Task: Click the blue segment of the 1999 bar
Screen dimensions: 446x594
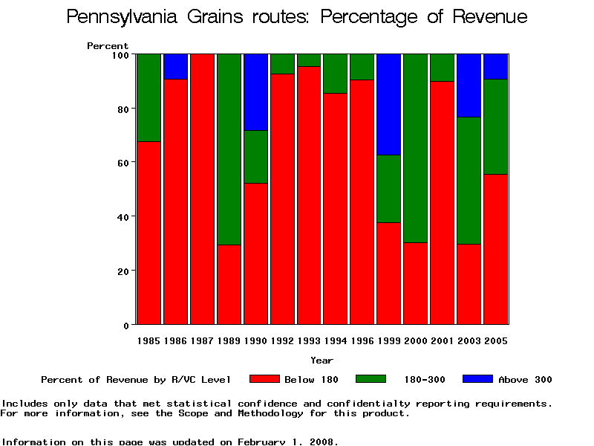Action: point(389,104)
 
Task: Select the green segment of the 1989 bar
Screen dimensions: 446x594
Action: point(229,149)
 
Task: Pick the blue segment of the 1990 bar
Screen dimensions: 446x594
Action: point(256,91)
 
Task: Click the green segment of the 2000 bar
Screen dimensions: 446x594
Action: point(416,148)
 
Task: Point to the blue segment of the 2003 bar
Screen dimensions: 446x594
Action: point(469,85)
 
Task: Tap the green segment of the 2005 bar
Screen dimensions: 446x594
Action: point(496,126)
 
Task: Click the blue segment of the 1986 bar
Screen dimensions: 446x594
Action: point(176,66)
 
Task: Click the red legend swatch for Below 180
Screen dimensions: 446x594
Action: point(264,379)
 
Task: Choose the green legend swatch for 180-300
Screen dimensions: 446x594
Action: point(371,379)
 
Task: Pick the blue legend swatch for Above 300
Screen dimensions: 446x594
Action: point(477,379)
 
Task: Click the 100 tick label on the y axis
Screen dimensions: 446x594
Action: point(120,55)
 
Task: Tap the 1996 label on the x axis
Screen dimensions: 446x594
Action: point(362,340)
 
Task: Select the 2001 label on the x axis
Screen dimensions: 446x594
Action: point(443,340)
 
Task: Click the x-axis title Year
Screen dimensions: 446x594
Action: point(322,361)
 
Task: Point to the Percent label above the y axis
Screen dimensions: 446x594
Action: point(108,46)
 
